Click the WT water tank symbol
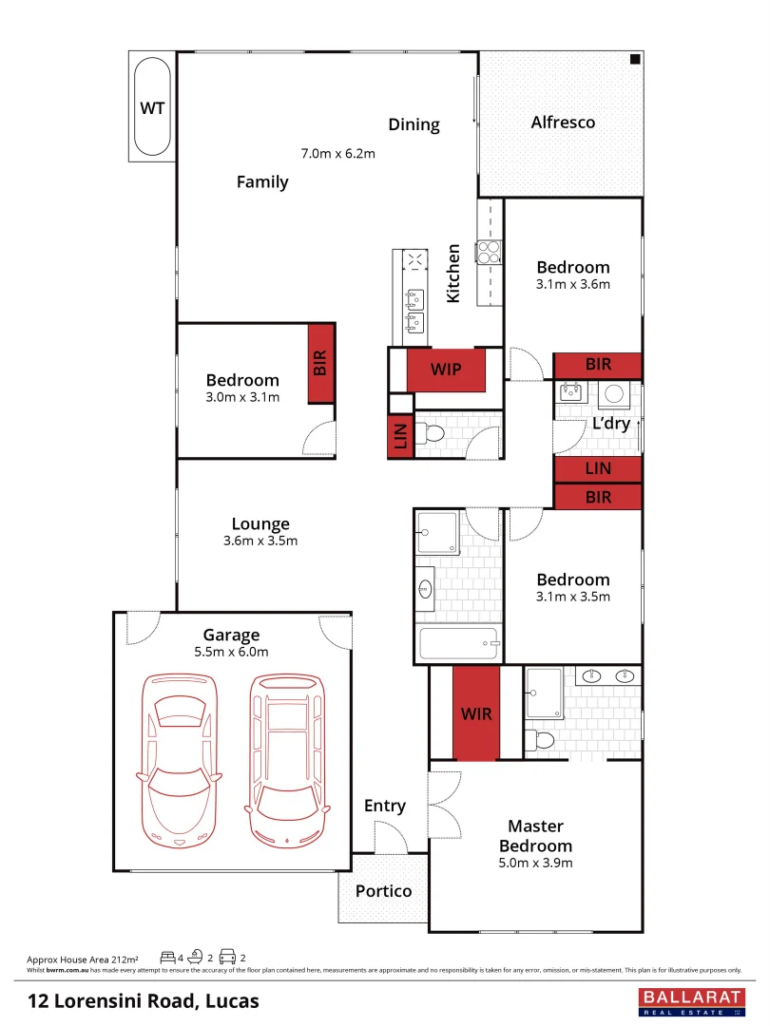(152, 107)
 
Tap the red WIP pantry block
(446, 369)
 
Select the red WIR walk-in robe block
(476, 712)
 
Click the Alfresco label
(563, 123)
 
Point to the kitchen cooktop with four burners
(489, 252)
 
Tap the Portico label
(383, 891)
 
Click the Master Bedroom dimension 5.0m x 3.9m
(535, 864)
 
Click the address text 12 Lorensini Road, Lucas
(143, 1000)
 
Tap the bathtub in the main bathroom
(459, 644)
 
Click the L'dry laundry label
(611, 424)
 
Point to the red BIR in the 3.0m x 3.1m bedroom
(320, 363)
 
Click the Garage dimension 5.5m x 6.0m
(231, 652)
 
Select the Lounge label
(260, 523)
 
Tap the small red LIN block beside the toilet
(400, 437)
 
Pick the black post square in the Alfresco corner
(634, 60)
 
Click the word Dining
(414, 124)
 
